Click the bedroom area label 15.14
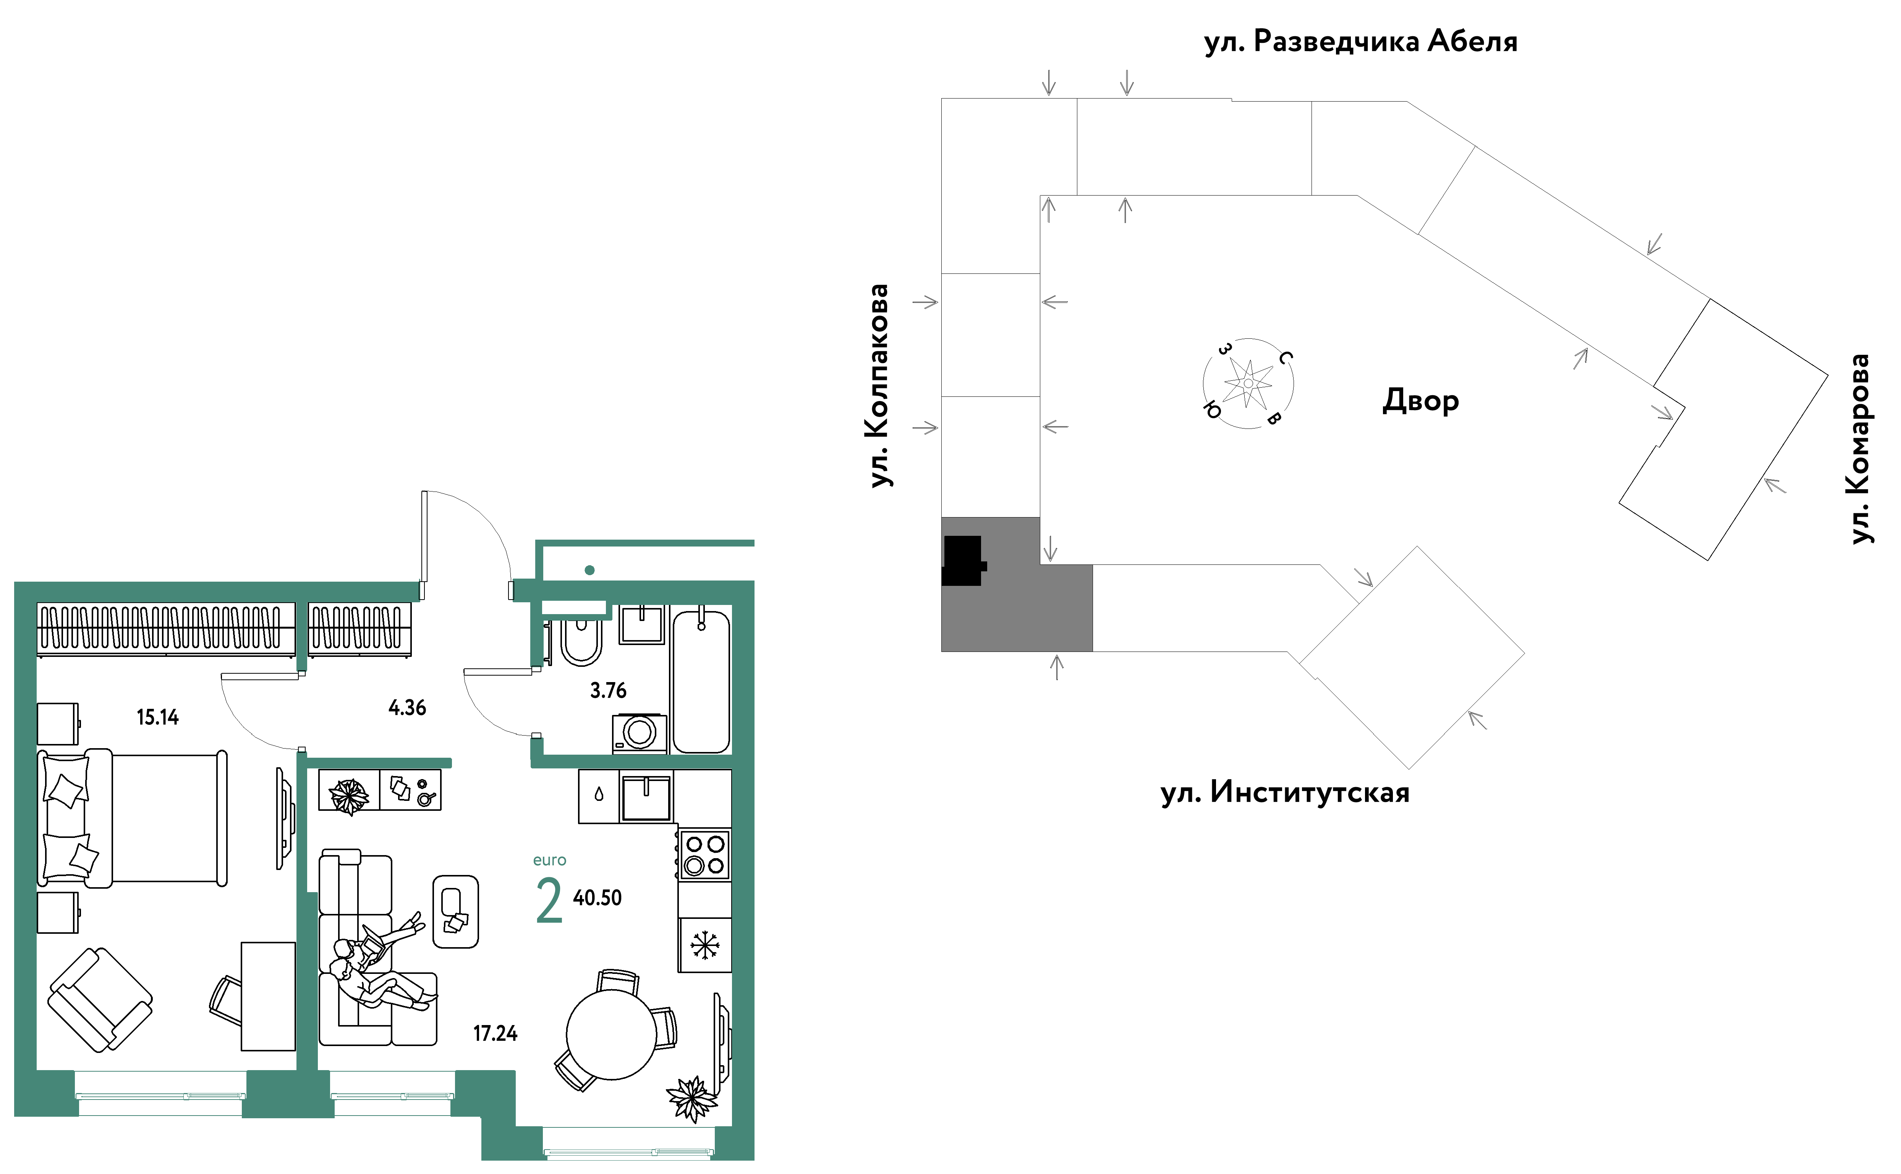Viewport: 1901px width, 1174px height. (x=158, y=718)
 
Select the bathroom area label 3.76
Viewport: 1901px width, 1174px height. (x=608, y=690)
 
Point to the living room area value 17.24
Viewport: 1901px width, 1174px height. (x=495, y=1033)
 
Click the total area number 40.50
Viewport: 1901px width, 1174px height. (x=597, y=897)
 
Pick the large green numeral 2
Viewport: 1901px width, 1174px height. (x=549, y=901)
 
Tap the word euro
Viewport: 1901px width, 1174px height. (x=550, y=860)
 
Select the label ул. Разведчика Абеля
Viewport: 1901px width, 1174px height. (x=1360, y=41)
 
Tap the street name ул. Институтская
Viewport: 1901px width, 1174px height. (x=1285, y=793)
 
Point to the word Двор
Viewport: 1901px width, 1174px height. (x=1420, y=401)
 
